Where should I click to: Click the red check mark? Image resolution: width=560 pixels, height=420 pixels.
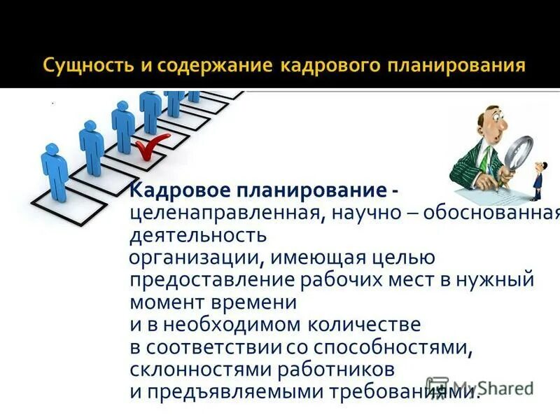150,148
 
